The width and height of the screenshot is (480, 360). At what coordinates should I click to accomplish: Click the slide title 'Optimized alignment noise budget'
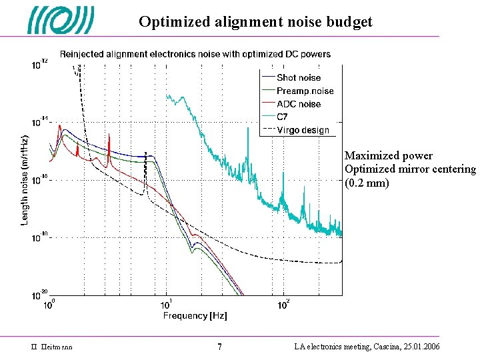click(x=255, y=21)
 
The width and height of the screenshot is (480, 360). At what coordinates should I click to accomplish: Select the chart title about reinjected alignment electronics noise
click(x=195, y=54)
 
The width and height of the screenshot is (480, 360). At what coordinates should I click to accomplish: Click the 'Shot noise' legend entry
click(x=298, y=78)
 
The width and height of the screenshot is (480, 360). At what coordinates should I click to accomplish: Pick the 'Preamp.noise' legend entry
click(x=305, y=91)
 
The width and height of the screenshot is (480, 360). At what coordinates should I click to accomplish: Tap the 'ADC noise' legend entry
click(x=298, y=104)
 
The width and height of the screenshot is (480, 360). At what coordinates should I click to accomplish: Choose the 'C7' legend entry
click(x=283, y=117)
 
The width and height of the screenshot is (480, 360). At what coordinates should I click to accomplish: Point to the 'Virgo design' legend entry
click(x=303, y=130)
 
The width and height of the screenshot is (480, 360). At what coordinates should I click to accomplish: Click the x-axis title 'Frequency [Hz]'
click(x=195, y=315)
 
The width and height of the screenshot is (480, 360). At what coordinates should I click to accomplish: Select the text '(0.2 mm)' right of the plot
click(x=367, y=183)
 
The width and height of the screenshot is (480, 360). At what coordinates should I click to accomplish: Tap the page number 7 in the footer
click(x=220, y=347)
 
